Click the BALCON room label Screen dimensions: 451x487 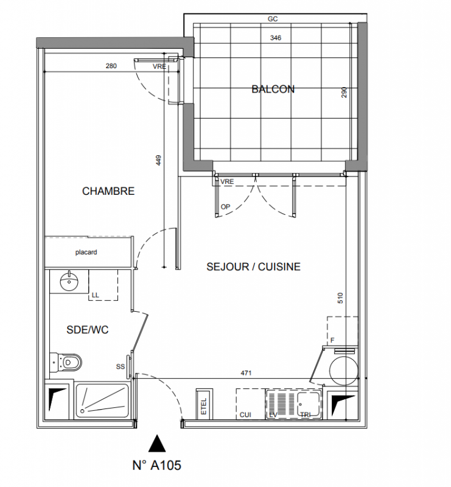click(273, 89)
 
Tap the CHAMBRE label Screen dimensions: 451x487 click(108, 191)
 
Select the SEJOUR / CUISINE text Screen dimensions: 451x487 click(253, 267)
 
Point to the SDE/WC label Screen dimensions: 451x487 click(87, 329)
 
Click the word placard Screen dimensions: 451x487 click(86, 252)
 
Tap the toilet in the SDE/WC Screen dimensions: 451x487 click(66, 362)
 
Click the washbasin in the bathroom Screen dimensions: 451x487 click(69, 281)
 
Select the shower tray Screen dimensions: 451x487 click(102, 401)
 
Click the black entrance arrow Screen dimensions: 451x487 click(157, 443)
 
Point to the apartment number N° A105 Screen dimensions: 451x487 click(156, 465)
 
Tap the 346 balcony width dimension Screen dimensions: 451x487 click(276, 38)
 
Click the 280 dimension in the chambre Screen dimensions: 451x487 click(111, 66)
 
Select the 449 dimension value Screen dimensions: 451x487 click(158, 160)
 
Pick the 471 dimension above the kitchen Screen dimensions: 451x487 click(246, 373)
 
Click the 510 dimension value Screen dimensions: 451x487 click(340, 298)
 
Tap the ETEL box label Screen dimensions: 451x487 click(204, 407)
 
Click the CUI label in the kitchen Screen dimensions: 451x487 click(245, 415)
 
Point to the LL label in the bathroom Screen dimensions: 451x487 click(96, 295)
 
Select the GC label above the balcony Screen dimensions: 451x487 click(273, 19)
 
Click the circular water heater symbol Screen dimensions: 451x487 click(343, 371)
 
